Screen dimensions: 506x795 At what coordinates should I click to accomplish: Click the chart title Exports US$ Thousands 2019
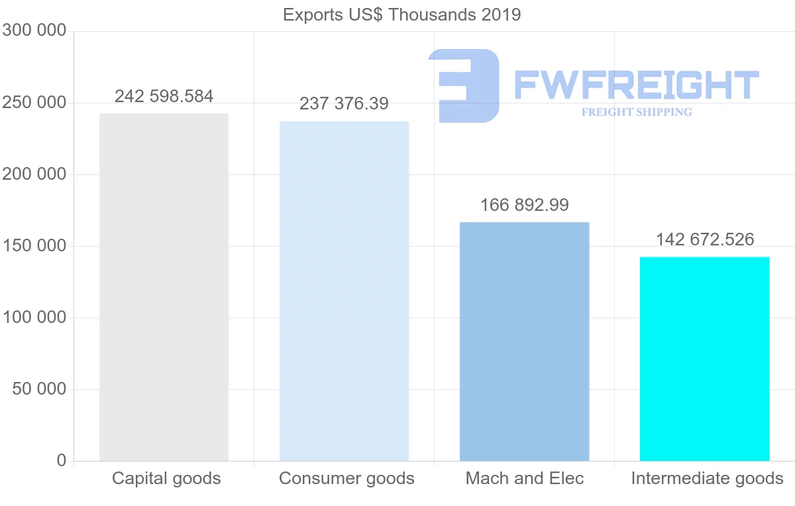click(401, 15)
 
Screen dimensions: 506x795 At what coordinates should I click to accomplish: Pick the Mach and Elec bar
click(524, 342)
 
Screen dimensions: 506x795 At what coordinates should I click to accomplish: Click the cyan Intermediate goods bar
click(704, 359)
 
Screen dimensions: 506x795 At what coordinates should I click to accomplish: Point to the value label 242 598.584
click(164, 97)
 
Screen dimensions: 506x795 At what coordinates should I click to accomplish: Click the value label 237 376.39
click(344, 104)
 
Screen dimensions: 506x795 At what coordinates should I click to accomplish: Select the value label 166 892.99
click(524, 206)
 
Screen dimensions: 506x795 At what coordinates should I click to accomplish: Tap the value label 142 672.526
click(704, 240)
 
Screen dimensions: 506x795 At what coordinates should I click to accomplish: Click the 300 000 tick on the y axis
click(34, 31)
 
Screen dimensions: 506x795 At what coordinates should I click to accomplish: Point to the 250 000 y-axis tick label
click(34, 103)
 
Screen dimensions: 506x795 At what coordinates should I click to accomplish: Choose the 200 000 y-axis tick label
click(34, 174)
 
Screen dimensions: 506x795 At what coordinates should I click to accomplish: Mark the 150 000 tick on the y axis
click(34, 246)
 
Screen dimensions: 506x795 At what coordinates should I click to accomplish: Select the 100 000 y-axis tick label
click(34, 318)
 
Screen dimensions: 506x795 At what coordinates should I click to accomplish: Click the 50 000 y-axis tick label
click(40, 389)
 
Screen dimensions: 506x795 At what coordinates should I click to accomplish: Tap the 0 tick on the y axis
click(62, 461)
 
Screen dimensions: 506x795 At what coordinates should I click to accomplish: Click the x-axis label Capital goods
click(166, 479)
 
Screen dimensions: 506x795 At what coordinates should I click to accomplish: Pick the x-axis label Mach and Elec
click(525, 479)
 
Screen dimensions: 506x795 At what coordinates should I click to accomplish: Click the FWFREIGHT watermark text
click(636, 86)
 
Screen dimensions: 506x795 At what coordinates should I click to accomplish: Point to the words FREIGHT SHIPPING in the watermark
click(636, 112)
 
